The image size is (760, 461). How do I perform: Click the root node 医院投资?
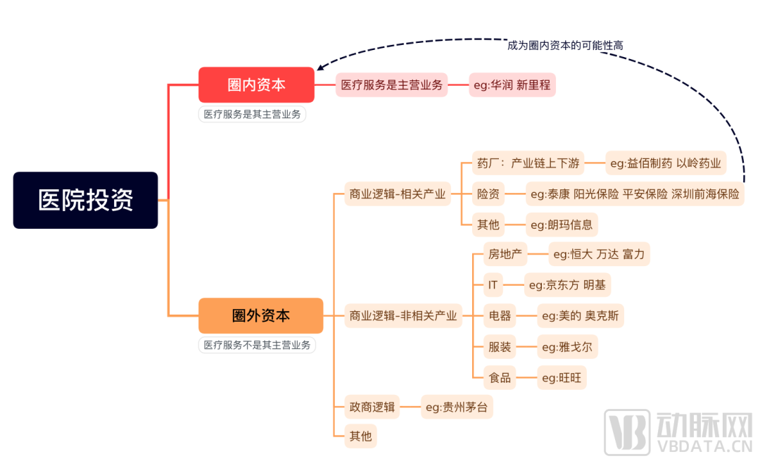coord(85,200)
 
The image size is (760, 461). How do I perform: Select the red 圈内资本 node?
coord(256,85)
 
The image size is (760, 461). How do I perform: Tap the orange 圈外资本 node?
coord(261,315)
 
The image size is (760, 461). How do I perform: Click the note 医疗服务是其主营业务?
coord(252,115)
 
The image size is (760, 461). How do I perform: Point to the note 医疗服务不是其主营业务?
coord(257,345)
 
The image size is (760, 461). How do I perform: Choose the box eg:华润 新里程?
coord(512,85)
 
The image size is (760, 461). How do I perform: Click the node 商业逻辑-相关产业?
coord(398,194)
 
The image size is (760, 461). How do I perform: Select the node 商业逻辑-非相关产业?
coord(403,315)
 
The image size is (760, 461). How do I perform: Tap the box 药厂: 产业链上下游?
coord(528,163)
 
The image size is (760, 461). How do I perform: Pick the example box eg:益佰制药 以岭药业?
coord(666,163)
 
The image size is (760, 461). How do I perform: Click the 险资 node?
coord(488,194)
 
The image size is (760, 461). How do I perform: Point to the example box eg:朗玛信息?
coord(562,225)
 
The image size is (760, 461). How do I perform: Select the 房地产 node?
coord(505,254)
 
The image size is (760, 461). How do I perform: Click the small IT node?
coord(493,284)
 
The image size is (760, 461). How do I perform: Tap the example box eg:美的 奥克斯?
coord(580,315)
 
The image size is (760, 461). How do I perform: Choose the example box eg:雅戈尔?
coord(567,346)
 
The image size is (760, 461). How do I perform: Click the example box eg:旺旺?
coord(562,378)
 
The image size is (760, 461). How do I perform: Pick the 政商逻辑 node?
coord(372,407)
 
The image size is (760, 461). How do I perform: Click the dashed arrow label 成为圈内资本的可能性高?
coord(565,46)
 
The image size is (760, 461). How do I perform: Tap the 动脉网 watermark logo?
coord(678,432)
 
